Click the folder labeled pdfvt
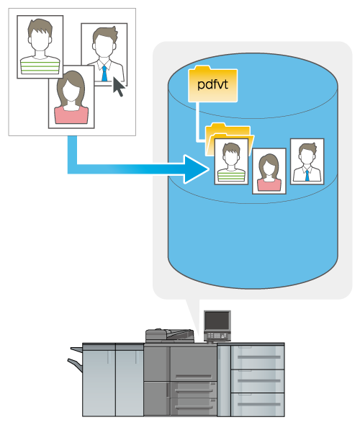pyautogui.click(x=213, y=84)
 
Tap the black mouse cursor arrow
pyautogui.click(x=118, y=86)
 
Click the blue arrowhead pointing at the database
pyautogui.click(x=196, y=169)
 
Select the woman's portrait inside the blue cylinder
pyautogui.click(x=269, y=171)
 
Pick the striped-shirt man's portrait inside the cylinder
pyautogui.click(x=231, y=161)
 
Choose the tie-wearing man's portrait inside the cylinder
pyautogui.click(x=307, y=161)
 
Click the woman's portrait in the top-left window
pyautogui.click(x=71, y=97)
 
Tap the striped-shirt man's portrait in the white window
pyautogui.click(x=40, y=47)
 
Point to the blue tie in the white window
pyautogui.click(x=104, y=73)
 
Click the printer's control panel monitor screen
pyautogui.click(x=217, y=321)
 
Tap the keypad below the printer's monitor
pyautogui.click(x=217, y=336)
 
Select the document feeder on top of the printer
pyautogui.click(x=170, y=336)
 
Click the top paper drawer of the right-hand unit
pyautogui.click(x=257, y=357)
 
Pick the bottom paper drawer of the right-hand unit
pyautogui.click(x=257, y=404)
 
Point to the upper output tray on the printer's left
pyautogui.click(x=76, y=349)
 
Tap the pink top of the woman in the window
pyautogui.click(x=71, y=115)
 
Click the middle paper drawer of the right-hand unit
pyautogui.click(x=257, y=381)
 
